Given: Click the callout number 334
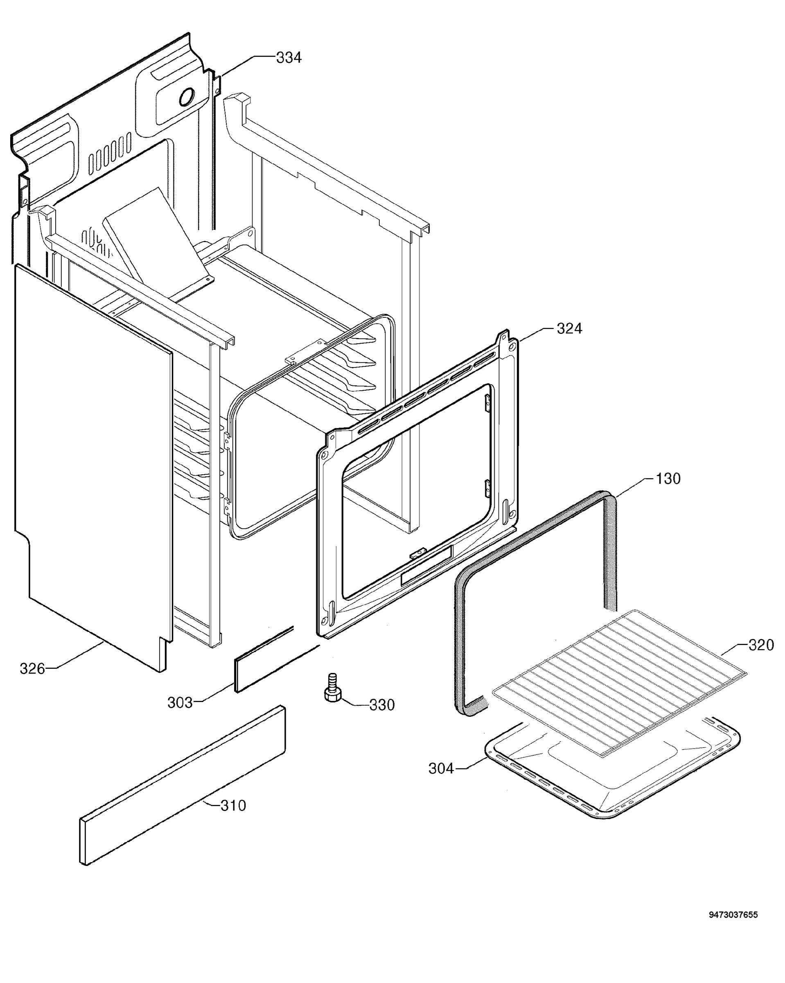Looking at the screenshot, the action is pyautogui.click(x=289, y=58).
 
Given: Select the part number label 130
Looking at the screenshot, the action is pyautogui.click(x=668, y=479).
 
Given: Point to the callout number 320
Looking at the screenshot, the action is pyautogui.click(x=761, y=645).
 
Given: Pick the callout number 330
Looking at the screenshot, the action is pyautogui.click(x=382, y=705).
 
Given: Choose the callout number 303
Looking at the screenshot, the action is pyautogui.click(x=180, y=702).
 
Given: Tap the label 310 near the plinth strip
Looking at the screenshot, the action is pyautogui.click(x=233, y=806).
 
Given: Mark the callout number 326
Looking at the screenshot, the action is pyautogui.click(x=32, y=669).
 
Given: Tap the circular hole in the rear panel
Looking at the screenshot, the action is pyautogui.click(x=187, y=97).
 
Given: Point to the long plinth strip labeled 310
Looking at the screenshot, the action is pyautogui.click(x=183, y=786).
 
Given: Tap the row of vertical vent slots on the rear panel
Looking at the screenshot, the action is pyautogui.click(x=110, y=153).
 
